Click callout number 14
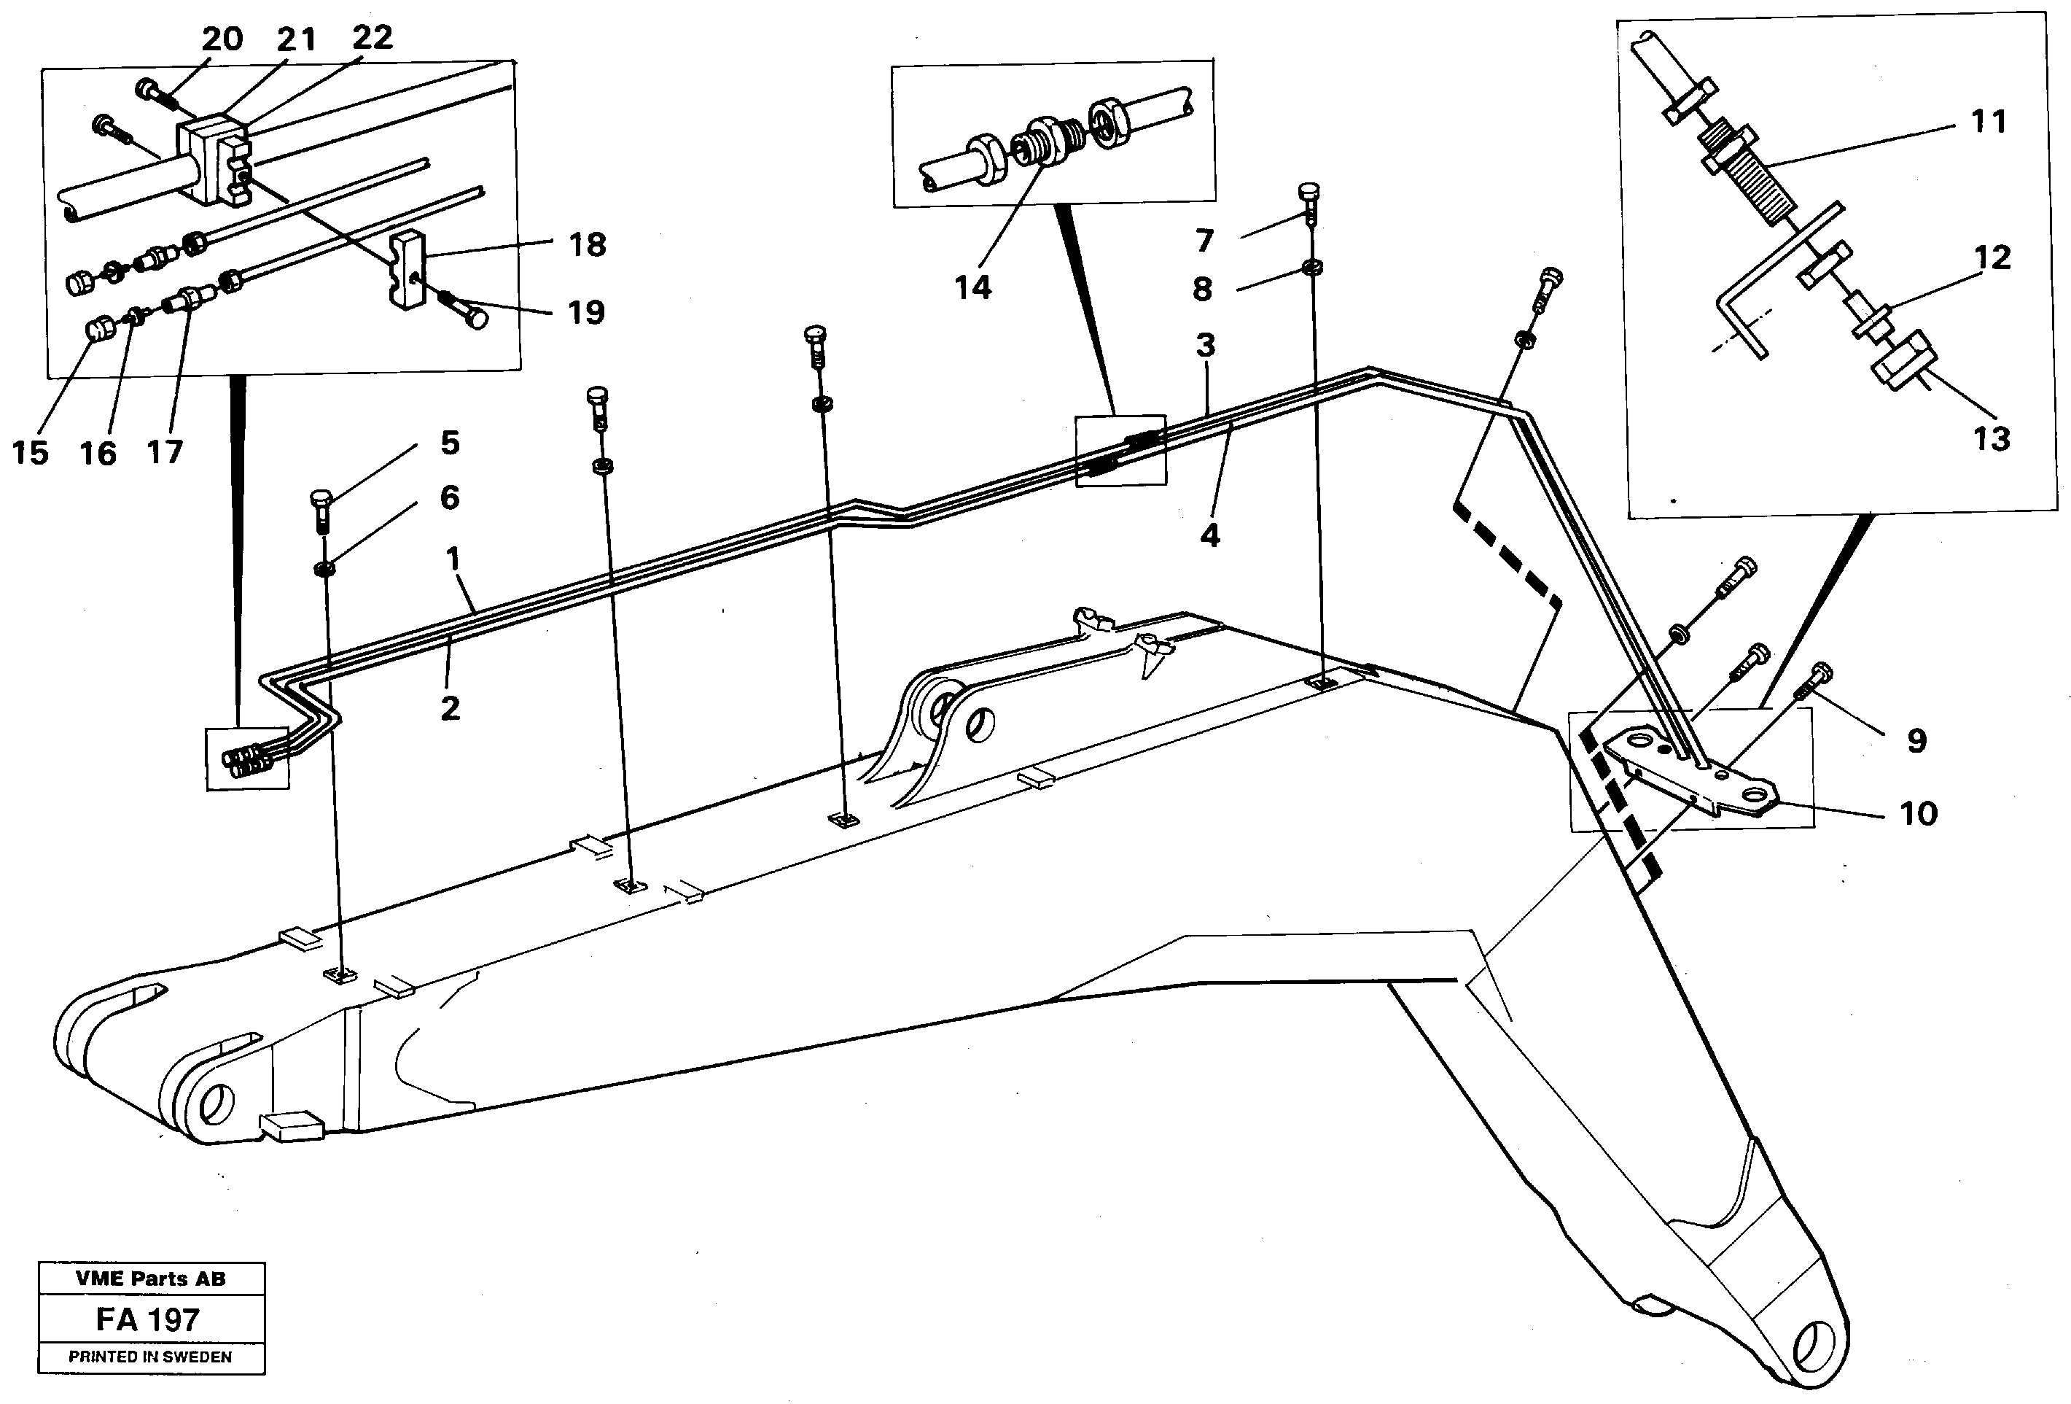coord(972,287)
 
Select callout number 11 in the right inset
coord(1988,121)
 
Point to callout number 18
coord(588,244)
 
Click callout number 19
coord(585,312)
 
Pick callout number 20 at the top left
coord(222,39)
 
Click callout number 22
coord(372,37)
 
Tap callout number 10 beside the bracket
coord(1918,813)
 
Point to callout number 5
coord(450,442)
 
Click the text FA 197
coord(148,1319)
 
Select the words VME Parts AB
coord(151,1279)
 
